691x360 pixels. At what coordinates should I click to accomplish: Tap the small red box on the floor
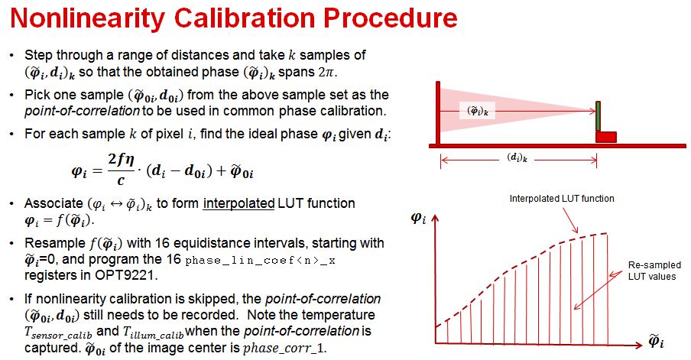tap(606, 137)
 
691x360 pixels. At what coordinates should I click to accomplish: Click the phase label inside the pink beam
tap(479, 110)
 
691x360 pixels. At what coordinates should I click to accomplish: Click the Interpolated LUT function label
tap(562, 199)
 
